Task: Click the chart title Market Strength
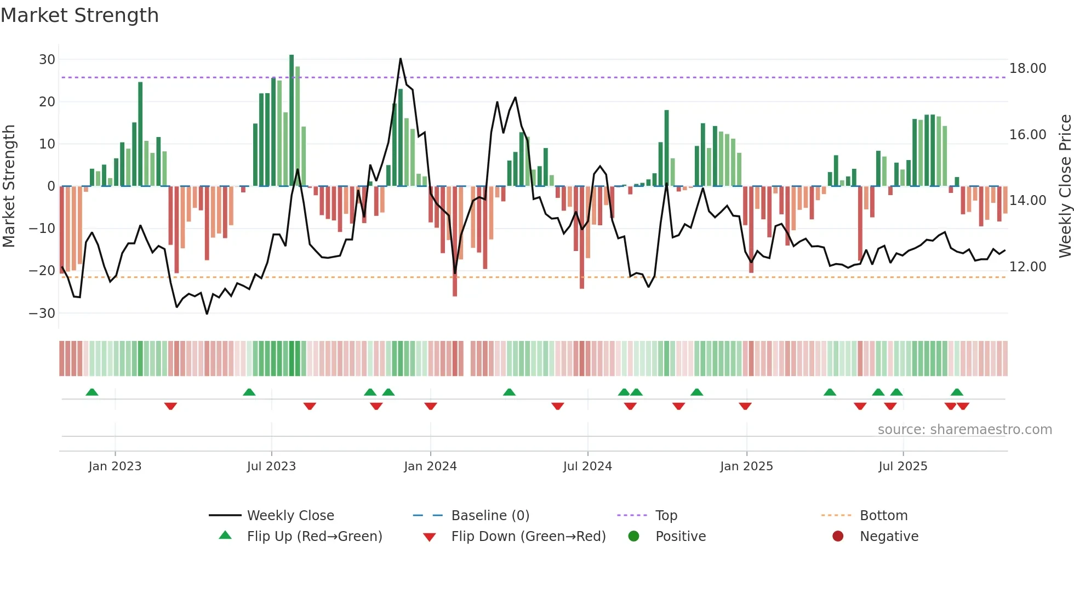click(x=79, y=15)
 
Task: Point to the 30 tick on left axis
click(x=47, y=59)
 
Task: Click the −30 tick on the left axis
click(x=42, y=313)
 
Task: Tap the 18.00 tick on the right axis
click(x=1027, y=68)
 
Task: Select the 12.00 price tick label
click(x=1027, y=266)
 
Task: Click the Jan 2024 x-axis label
click(x=430, y=466)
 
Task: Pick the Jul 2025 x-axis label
click(x=902, y=466)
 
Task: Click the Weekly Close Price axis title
click(x=1065, y=186)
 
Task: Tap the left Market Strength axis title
click(x=9, y=186)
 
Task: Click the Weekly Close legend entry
click(x=290, y=515)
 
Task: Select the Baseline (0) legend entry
click(x=490, y=515)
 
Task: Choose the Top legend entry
click(x=666, y=515)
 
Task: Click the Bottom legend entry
click(x=883, y=515)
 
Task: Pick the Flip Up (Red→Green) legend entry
click(x=314, y=536)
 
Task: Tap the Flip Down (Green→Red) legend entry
click(x=528, y=536)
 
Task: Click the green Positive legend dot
click(x=633, y=536)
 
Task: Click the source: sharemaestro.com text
click(x=964, y=429)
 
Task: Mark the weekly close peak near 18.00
click(x=401, y=59)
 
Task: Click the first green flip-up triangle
click(x=92, y=392)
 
